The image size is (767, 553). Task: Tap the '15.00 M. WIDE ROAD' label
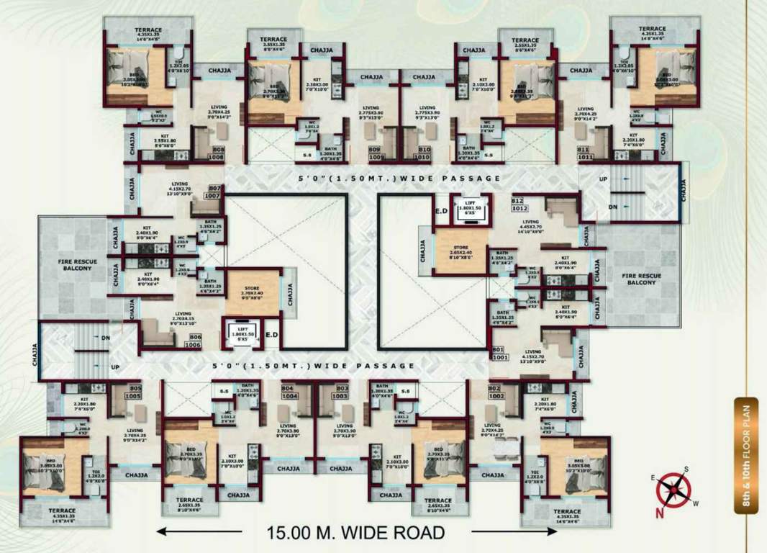click(355, 534)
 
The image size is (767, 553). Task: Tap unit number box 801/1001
click(499, 352)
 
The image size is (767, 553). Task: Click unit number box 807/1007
click(213, 191)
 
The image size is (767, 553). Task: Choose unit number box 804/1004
click(290, 392)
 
